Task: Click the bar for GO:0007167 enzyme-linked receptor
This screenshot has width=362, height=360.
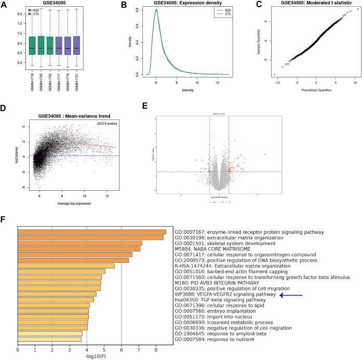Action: point(92,232)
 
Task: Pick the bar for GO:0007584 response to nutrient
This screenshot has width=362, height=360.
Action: point(50,339)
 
